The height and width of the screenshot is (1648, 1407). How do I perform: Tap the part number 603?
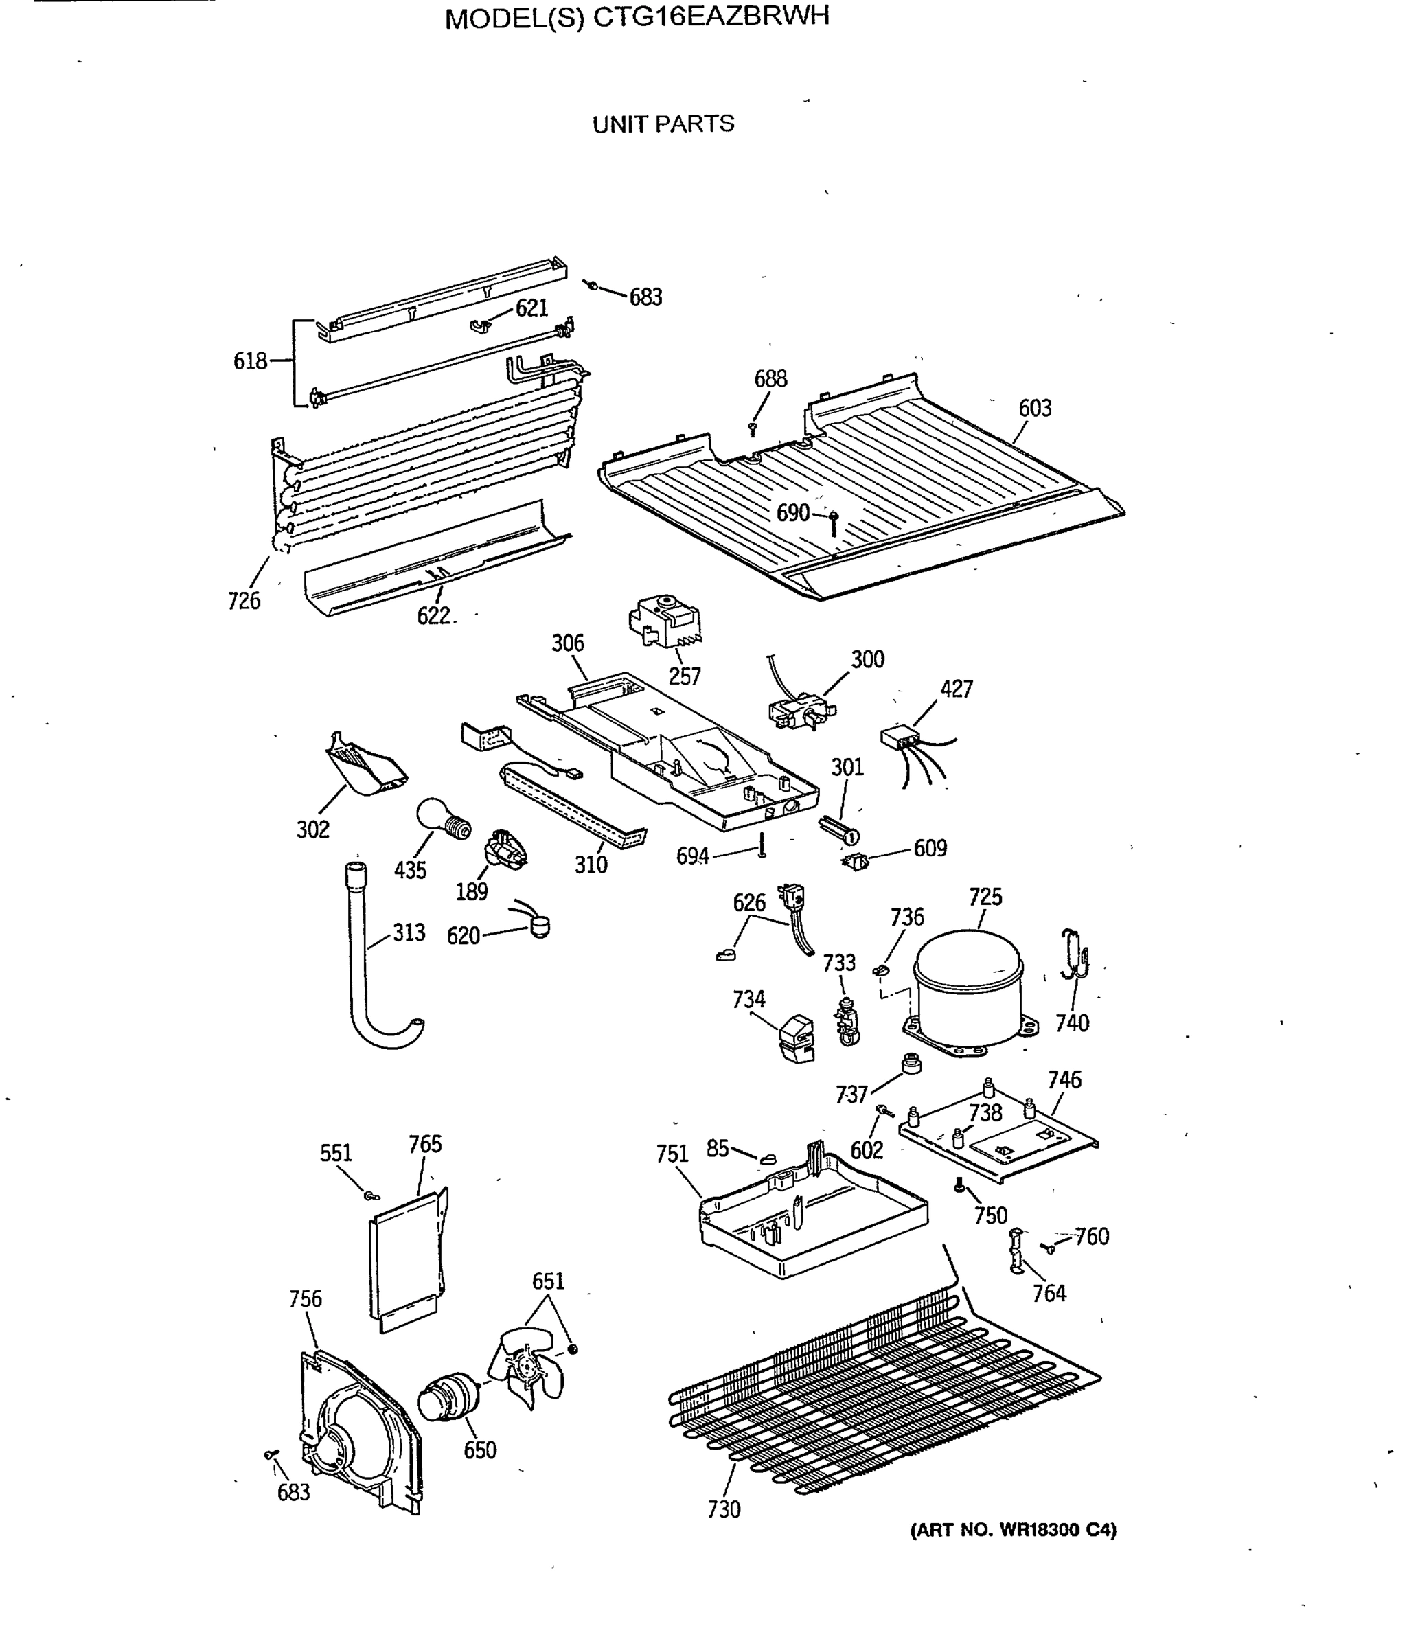(1034, 408)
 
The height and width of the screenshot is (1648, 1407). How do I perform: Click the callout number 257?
(684, 676)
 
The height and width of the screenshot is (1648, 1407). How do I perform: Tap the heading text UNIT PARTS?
(663, 124)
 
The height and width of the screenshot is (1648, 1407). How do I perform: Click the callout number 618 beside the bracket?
(250, 361)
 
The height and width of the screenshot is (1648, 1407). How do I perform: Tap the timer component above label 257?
(665, 622)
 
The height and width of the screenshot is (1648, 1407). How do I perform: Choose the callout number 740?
(1071, 1023)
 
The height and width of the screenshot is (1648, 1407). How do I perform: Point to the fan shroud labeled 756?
(358, 1428)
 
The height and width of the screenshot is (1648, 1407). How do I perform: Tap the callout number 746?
(1064, 1079)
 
